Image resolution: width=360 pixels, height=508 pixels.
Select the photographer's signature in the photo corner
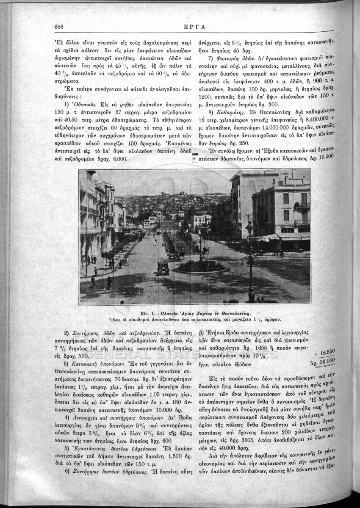click(x=93, y=304)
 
